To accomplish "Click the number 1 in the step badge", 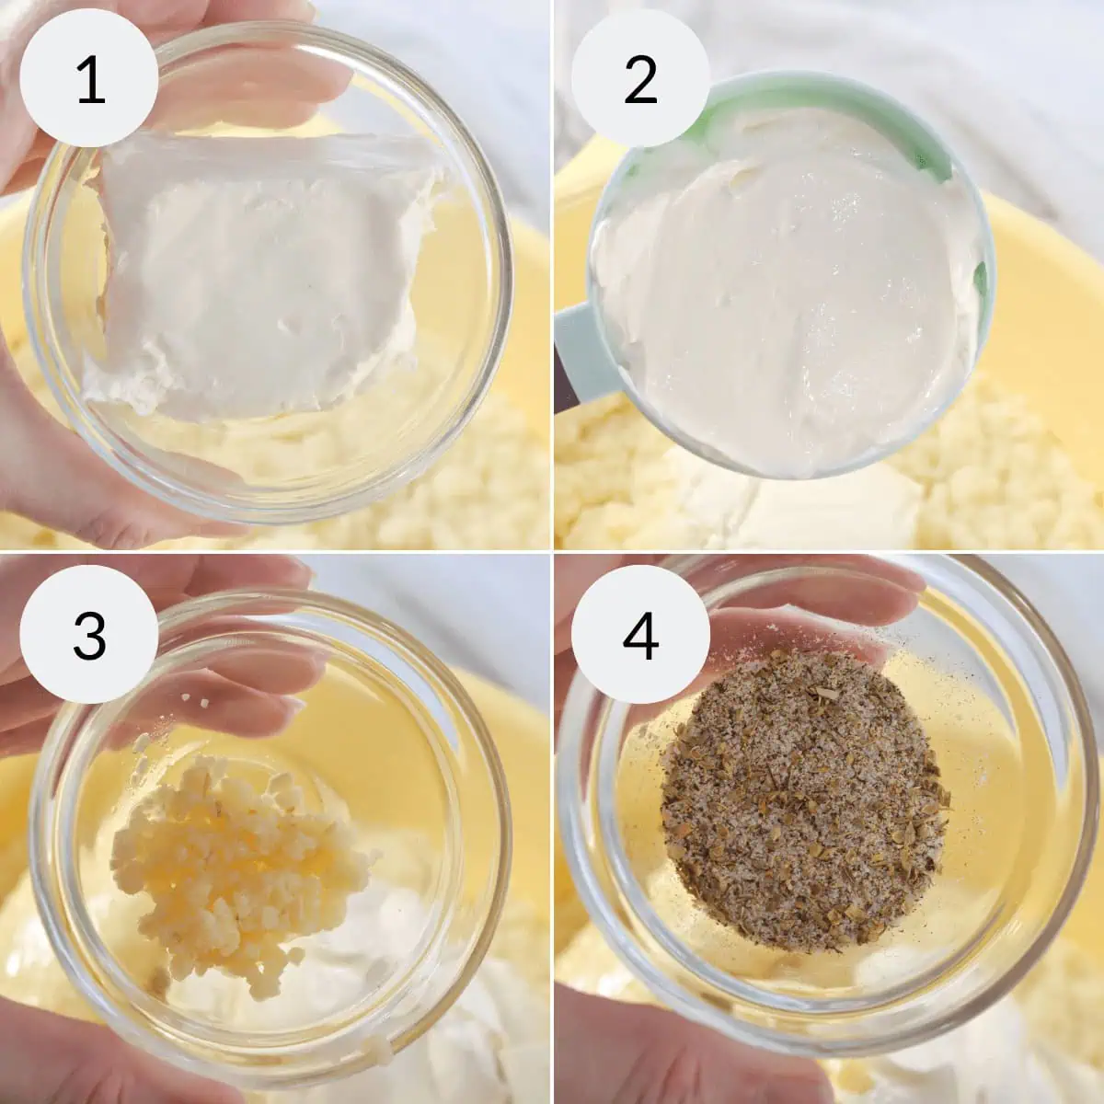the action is point(90,80).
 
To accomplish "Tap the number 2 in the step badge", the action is point(640,80).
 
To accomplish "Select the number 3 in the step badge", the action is point(89,636).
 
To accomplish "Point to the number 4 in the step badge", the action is point(640,636).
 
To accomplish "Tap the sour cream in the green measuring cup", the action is point(785,293).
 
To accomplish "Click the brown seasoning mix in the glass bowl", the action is point(802,802).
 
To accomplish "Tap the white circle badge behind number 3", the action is point(89,634).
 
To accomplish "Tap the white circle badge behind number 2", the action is point(640,78).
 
